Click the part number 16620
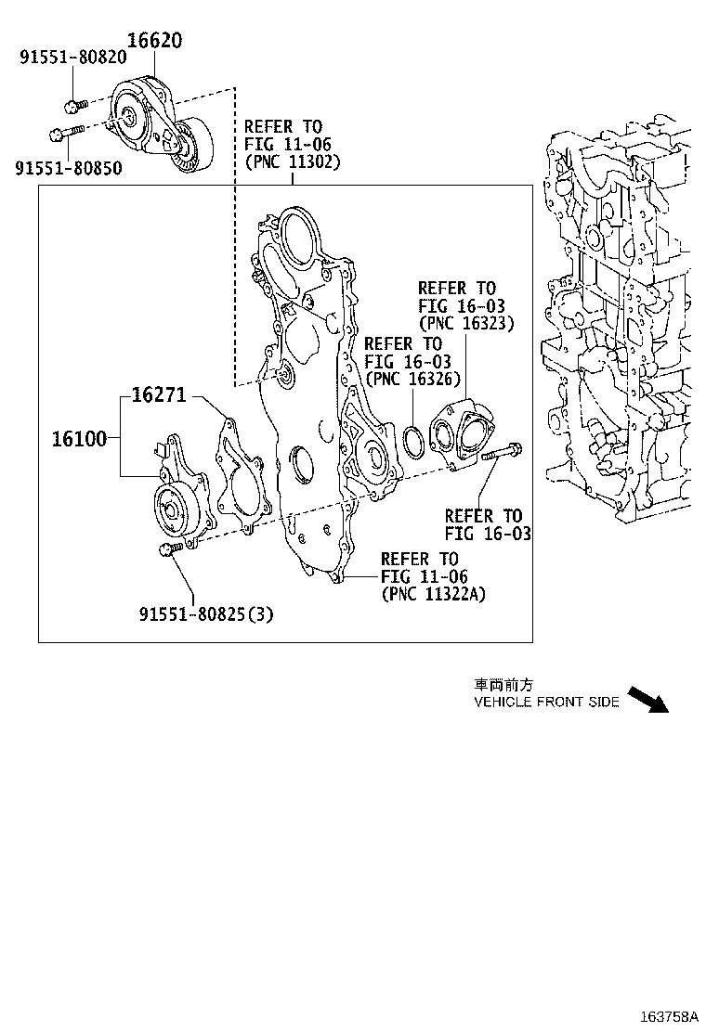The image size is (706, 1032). tap(154, 41)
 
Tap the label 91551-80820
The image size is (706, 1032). tap(72, 58)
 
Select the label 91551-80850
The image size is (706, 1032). tap(68, 167)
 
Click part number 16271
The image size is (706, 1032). tap(159, 395)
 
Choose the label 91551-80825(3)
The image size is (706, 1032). tap(206, 614)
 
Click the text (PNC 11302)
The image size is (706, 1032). tap(293, 161)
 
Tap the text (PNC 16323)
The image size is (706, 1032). tap(466, 323)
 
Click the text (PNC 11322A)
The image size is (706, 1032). tap(433, 594)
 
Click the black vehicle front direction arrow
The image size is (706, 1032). tap(647, 699)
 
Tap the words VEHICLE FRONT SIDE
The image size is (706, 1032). tap(546, 703)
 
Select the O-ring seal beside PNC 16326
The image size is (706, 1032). tap(415, 442)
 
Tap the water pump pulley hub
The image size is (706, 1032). tap(170, 507)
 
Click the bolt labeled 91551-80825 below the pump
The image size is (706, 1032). tap(170, 552)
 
